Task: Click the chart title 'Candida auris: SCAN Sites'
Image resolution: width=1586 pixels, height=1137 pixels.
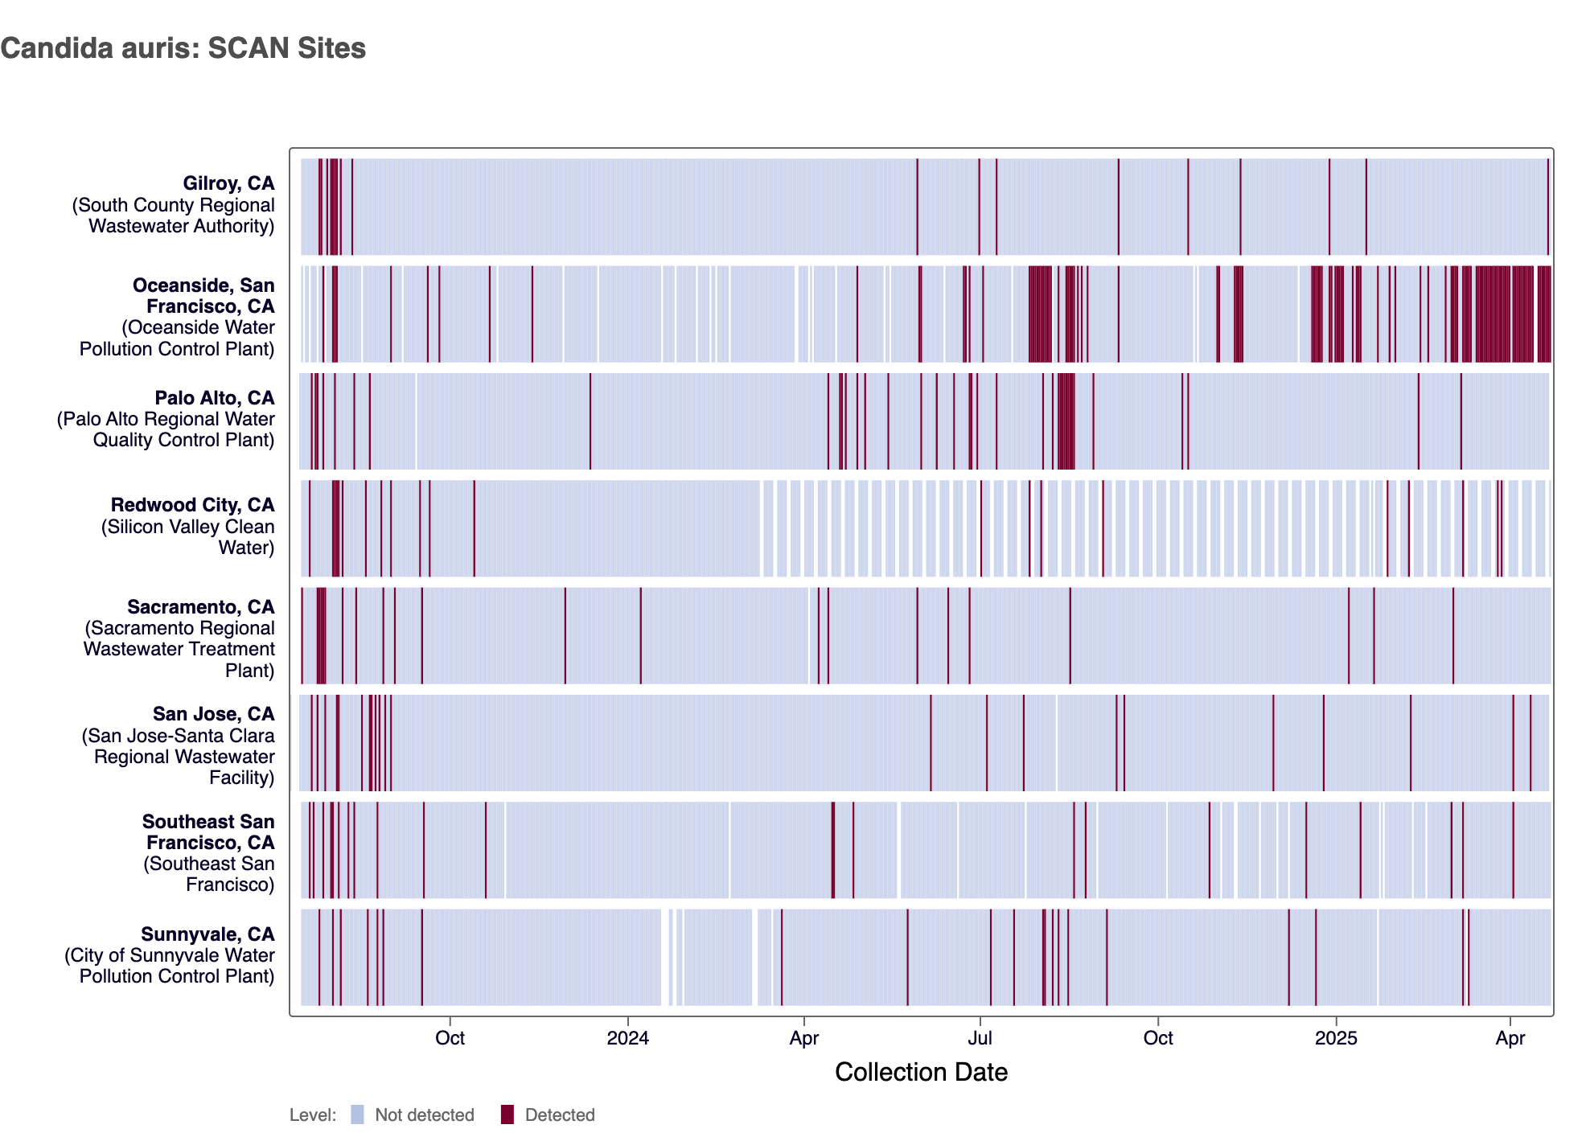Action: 183,48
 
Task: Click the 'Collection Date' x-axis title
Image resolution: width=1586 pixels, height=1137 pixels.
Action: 921,1072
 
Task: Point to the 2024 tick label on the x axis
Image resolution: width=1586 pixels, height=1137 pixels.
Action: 627,1038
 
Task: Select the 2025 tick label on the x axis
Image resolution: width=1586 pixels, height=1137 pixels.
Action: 1336,1038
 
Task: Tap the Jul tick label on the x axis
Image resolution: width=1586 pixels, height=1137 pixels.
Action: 980,1038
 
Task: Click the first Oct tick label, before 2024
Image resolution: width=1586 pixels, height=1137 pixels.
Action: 450,1038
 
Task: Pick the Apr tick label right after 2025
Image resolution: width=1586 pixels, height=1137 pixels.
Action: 1510,1038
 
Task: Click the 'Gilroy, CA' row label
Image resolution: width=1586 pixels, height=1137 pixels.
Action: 228,183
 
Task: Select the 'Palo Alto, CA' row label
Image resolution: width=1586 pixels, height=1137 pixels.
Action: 214,398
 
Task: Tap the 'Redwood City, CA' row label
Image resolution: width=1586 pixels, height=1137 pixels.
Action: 192,505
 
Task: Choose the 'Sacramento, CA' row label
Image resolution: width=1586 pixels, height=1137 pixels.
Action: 200,607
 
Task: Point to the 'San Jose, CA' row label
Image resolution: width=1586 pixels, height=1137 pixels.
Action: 213,714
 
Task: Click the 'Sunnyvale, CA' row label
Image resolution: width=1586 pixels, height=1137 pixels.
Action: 207,934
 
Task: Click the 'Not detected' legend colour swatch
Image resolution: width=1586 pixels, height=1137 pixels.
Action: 358,1114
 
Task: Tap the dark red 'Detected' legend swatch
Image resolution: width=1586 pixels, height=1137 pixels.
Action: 507,1114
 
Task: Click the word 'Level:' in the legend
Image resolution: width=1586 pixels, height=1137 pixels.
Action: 313,1115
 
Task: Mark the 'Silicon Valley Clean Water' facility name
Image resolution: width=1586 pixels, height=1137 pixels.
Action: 188,537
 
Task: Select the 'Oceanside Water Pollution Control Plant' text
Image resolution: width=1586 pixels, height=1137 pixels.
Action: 177,339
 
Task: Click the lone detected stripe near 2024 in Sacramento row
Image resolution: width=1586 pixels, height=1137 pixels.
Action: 641,635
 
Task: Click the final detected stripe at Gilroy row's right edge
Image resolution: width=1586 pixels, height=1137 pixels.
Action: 1547,207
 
